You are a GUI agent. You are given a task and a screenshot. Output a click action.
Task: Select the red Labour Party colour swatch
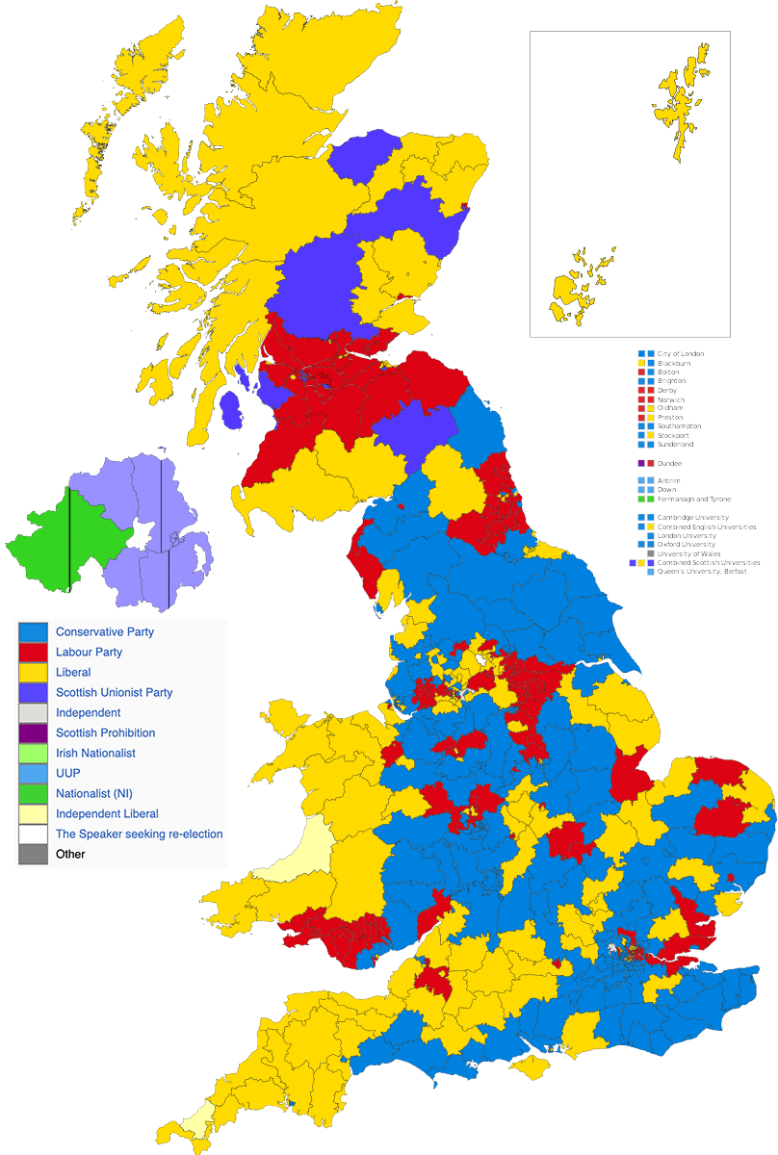[33, 652]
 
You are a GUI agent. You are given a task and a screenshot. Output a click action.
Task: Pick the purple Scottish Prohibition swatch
[33, 732]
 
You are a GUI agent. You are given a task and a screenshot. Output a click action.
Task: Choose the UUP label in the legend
[68, 773]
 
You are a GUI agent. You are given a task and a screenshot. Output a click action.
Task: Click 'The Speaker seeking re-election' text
[139, 834]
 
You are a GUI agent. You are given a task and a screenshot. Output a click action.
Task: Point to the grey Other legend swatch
[33, 854]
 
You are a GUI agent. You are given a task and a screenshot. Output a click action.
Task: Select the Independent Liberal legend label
[107, 813]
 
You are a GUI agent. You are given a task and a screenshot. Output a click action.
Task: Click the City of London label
[681, 353]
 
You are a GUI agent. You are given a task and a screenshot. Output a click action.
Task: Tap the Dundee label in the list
[669, 463]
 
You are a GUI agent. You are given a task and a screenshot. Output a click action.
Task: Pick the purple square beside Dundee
[640, 463]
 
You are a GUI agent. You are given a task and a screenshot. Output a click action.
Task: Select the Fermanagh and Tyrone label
[693, 500]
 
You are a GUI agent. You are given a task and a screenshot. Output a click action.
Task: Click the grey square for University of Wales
[651, 553]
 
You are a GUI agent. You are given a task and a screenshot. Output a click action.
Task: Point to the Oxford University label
[687, 545]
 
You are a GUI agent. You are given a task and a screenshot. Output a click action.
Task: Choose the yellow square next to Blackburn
[651, 363]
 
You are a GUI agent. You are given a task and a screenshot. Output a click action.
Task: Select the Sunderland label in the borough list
[675, 445]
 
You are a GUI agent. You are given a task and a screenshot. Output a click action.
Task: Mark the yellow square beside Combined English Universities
[651, 526]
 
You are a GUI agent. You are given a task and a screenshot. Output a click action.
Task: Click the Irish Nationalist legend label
[95, 753]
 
